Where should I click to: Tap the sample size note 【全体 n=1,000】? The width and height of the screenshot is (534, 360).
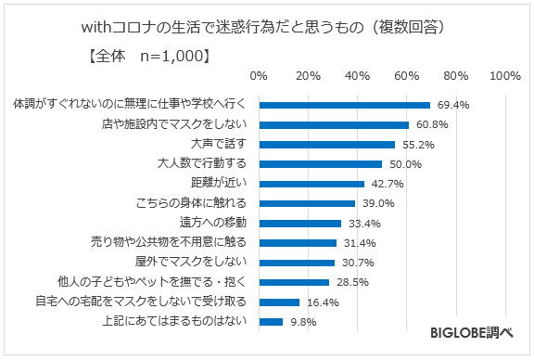pyautogui.click(x=147, y=57)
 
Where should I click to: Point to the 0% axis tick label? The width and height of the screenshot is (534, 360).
pyautogui.click(x=260, y=75)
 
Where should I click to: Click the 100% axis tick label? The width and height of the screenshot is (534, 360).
pyautogui.click(x=504, y=75)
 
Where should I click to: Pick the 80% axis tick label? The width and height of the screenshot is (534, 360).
pyautogui.click(x=456, y=75)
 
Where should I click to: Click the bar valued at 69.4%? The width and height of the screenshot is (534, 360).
pyautogui.click(x=345, y=105)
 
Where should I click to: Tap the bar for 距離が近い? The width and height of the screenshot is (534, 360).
pyautogui.click(x=311, y=184)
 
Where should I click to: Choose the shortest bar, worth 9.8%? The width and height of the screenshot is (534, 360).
pyautogui.click(x=272, y=322)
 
